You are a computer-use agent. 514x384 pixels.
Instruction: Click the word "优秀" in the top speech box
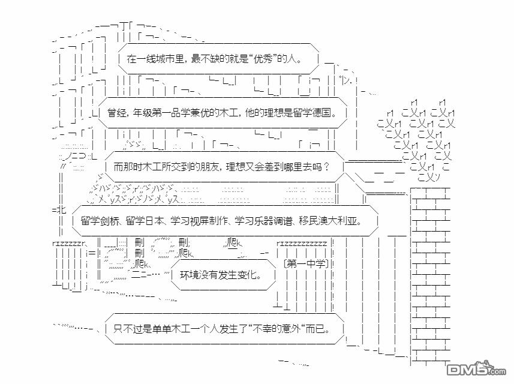[263, 59]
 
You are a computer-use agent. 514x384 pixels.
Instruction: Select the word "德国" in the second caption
[321, 113]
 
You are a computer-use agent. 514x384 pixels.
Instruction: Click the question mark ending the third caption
[326, 167]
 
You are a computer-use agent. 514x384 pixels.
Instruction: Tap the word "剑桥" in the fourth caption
[110, 221]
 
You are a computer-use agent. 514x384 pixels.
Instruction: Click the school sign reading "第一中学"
[306, 263]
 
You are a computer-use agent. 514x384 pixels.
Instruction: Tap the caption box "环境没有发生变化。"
[223, 275]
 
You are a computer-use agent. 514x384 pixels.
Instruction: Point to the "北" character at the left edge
[62, 210]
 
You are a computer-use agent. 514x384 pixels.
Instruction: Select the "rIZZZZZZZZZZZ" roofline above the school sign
[302, 244]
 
